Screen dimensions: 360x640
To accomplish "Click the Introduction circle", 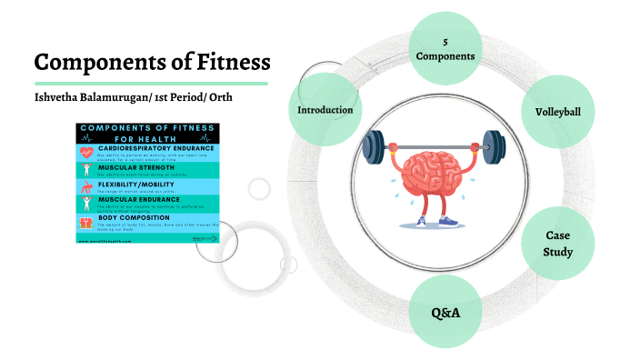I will point(325,110).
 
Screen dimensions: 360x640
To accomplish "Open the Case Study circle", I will point(558,243).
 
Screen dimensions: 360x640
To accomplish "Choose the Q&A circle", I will point(445,312).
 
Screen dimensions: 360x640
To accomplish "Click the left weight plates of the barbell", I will point(374,145).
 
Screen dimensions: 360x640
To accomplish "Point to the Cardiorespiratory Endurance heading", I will point(155,147).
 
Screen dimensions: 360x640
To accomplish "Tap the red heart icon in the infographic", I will point(86,152).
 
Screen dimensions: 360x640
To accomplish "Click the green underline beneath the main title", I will point(151,83).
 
